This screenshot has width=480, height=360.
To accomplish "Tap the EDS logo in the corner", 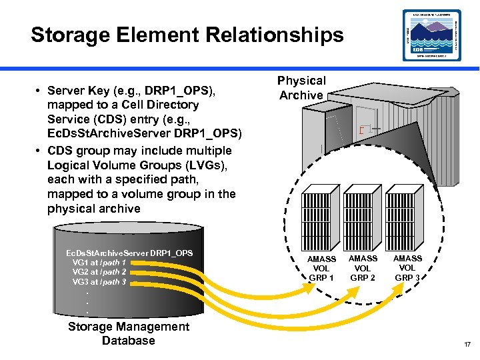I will click(x=431, y=35).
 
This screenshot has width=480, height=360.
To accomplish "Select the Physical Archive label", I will click(x=301, y=88).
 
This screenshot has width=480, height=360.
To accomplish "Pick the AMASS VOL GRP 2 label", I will click(x=363, y=267).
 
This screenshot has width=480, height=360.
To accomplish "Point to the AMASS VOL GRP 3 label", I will click(x=407, y=267).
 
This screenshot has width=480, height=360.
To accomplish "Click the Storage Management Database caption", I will click(x=129, y=333).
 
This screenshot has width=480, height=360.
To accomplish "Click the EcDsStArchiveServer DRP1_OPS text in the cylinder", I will click(x=129, y=253).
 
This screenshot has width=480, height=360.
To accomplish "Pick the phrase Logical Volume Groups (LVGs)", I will click(x=139, y=165).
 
